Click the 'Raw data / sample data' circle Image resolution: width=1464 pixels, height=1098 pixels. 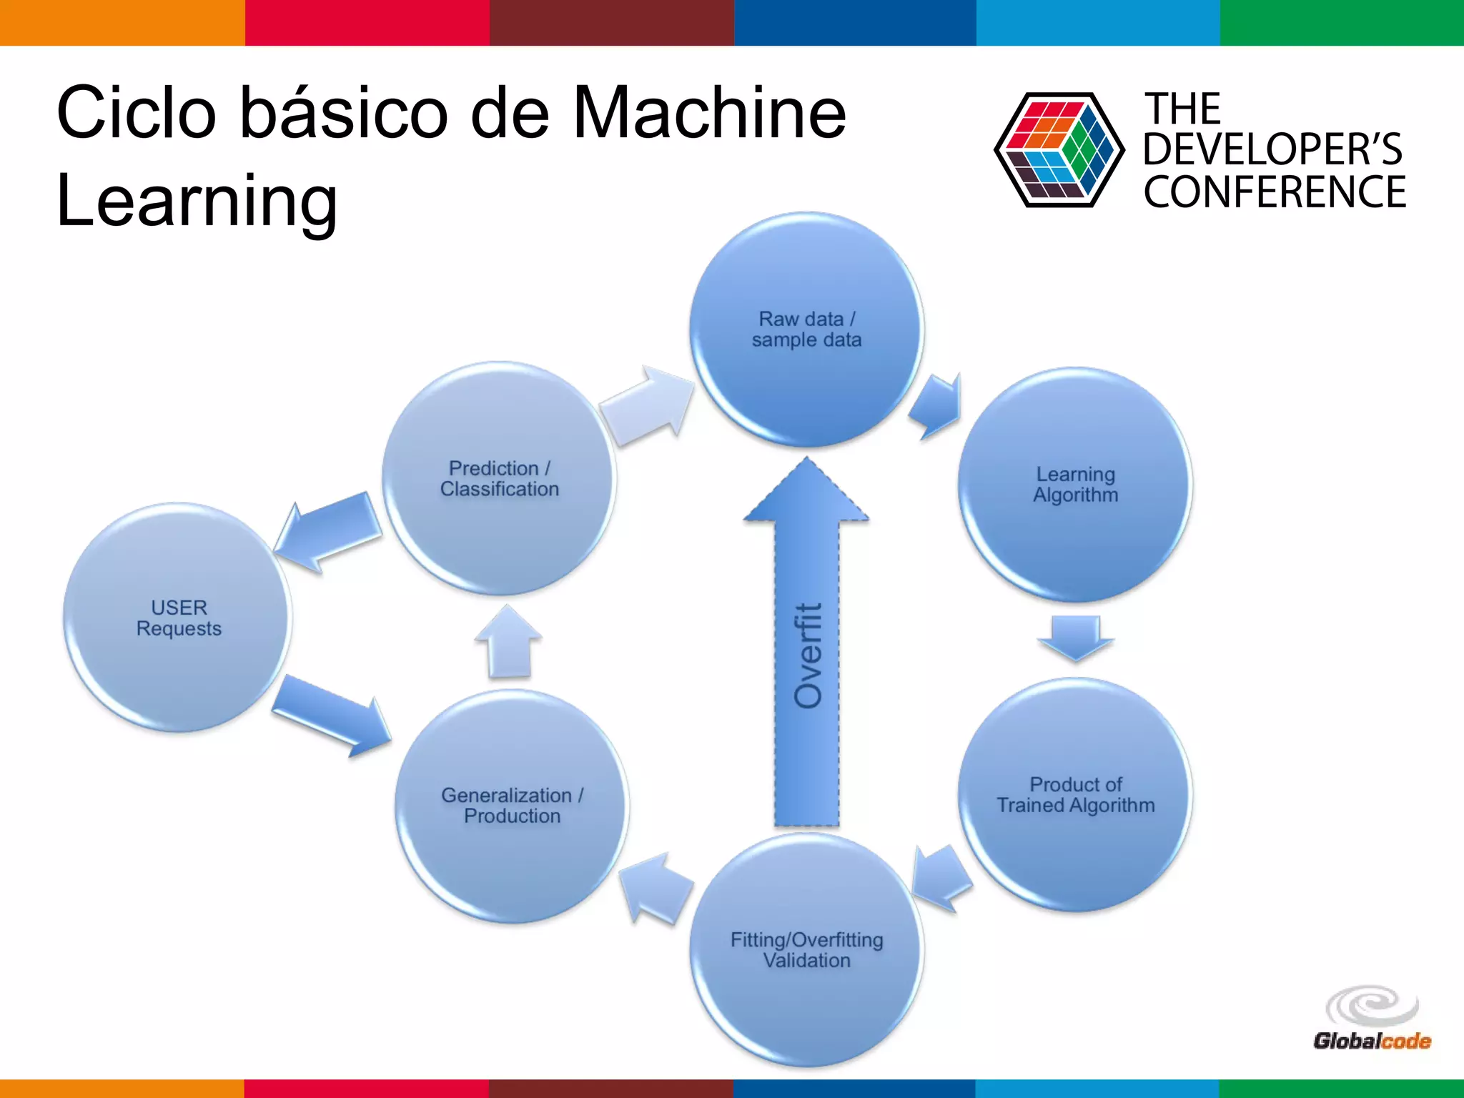click(x=806, y=330)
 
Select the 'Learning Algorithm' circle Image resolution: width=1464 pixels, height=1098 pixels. click(x=1075, y=485)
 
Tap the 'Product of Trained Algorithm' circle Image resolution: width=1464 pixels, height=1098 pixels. click(x=1075, y=795)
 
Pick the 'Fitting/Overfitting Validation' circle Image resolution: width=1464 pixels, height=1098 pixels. click(x=806, y=950)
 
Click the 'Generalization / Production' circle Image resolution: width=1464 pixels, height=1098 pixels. click(x=512, y=806)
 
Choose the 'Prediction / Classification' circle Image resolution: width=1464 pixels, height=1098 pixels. click(x=499, y=479)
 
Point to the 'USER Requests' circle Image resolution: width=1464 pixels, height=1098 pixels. click(x=178, y=618)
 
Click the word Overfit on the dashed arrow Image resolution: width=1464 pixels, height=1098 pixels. click(x=808, y=656)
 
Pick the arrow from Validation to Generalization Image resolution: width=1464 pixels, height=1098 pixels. click(x=654, y=889)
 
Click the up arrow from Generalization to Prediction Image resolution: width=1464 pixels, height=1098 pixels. click(x=509, y=642)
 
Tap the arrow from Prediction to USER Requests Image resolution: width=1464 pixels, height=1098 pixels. click(x=329, y=533)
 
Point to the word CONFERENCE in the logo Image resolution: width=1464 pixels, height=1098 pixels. click(x=1274, y=192)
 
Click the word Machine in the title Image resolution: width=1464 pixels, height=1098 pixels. click(x=709, y=112)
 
